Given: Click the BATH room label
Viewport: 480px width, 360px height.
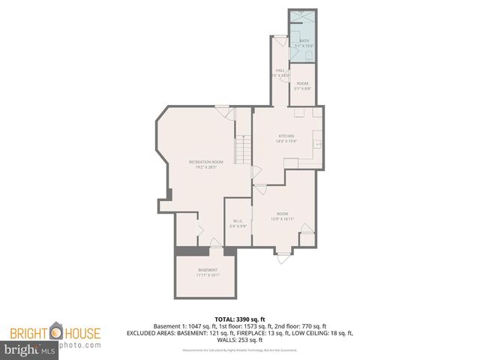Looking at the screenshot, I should [303, 41].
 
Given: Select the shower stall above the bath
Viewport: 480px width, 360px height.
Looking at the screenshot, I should [301, 19].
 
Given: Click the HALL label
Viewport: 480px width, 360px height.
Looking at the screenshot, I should [280, 70].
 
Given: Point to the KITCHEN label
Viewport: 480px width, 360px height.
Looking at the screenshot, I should [286, 136].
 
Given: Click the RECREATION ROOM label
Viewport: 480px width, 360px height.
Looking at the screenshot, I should [206, 162].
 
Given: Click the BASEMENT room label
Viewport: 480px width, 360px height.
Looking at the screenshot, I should [208, 270].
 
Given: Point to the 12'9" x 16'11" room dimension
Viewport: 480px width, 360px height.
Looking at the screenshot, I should [282, 218].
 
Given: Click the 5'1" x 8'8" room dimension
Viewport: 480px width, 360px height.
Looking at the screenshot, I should [302, 88].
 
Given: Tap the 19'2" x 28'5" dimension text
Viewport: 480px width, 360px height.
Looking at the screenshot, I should [206, 167].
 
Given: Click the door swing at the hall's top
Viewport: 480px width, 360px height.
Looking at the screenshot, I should [279, 42].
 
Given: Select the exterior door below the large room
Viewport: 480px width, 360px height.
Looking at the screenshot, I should [282, 256].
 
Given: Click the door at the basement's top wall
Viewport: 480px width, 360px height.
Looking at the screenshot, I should [215, 243].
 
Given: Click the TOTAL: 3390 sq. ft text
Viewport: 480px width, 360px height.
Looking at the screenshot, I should [239, 319].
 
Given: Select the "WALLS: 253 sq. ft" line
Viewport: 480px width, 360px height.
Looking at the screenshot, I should [239, 339].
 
